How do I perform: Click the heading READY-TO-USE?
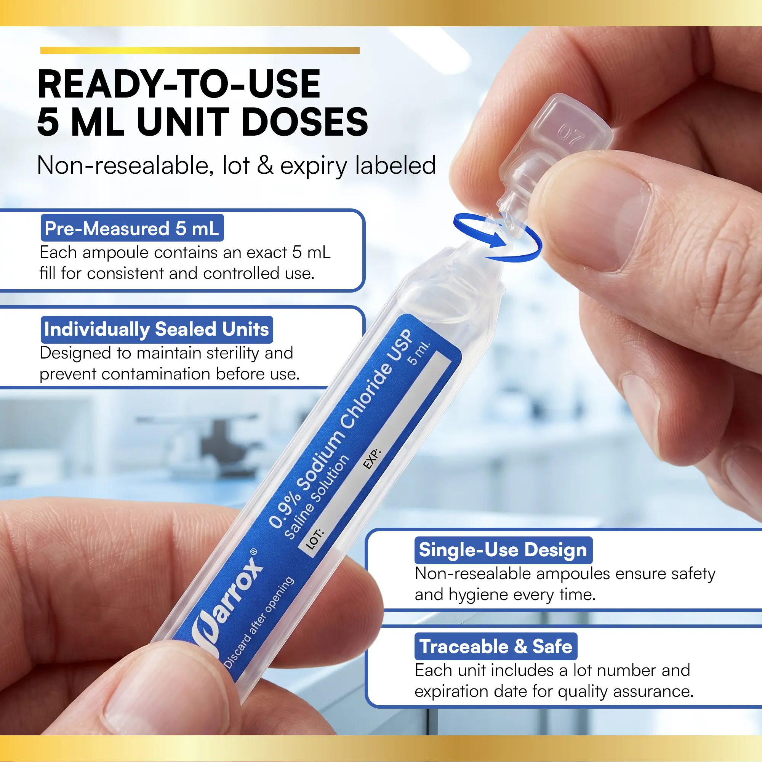click(179, 83)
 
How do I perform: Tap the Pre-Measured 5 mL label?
click(132, 228)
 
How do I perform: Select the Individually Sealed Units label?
click(157, 329)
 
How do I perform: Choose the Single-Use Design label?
click(503, 550)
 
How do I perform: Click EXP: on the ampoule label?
click(371, 459)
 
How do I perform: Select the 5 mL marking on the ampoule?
click(418, 353)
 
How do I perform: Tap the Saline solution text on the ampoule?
click(317, 496)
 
